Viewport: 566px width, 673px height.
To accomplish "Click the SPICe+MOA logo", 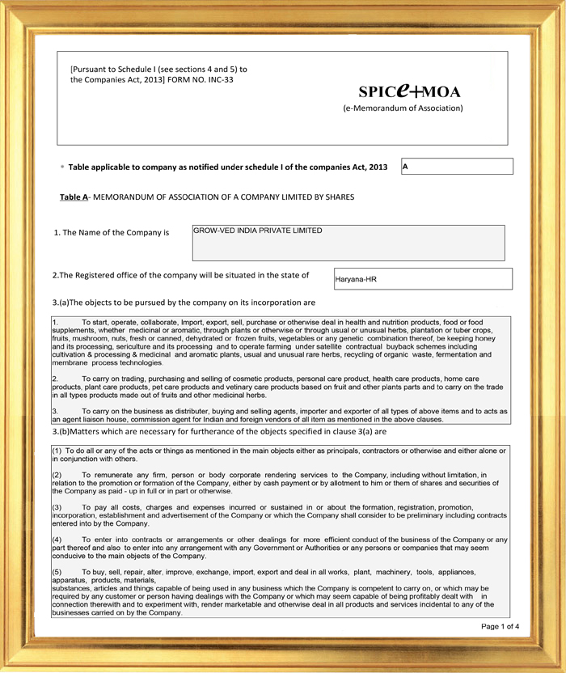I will click(409, 91).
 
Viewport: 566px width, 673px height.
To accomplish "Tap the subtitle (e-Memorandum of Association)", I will click(403, 108).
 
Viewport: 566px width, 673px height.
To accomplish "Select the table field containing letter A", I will click(457, 166).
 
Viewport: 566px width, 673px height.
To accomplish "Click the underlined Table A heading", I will click(74, 197).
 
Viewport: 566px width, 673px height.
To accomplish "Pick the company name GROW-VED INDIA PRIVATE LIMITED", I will click(257, 231).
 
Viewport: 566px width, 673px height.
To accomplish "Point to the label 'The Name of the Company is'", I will click(112, 232).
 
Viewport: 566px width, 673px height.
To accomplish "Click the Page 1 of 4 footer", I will click(500, 626).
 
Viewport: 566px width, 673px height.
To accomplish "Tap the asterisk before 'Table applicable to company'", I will click(62, 167).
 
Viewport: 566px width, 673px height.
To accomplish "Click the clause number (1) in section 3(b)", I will click(57, 449).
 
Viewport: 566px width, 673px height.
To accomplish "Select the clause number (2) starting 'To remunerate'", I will click(57, 473).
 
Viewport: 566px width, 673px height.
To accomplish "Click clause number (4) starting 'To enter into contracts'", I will click(57, 539).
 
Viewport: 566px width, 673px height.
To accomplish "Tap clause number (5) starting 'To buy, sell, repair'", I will click(57, 571).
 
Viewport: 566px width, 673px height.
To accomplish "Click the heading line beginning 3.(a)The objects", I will click(184, 303).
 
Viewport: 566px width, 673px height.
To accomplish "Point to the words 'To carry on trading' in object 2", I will click(118, 378).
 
